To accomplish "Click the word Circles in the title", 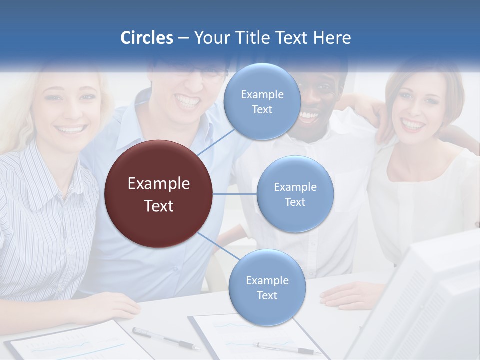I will click(x=147, y=38).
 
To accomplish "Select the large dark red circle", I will click(x=159, y=194).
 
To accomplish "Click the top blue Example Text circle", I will click(x=262, y=102).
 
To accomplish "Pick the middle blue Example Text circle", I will click(x=295, y=194).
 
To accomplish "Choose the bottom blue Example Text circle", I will click(x=267, y=288).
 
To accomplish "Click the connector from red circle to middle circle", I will click(x=235, y=194).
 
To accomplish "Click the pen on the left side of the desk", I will click(x=165, y=338).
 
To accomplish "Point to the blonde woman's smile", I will click(x=71, y=130).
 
